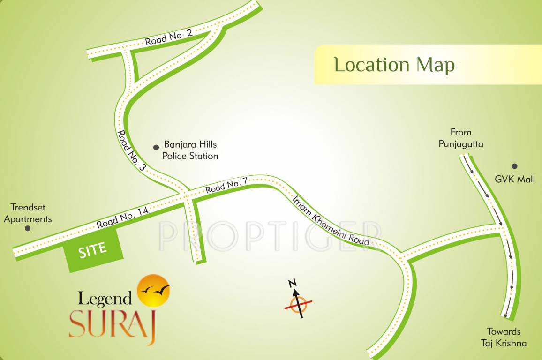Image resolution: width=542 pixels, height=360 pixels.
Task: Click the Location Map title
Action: [394, 65]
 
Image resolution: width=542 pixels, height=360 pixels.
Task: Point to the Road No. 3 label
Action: [132, 150]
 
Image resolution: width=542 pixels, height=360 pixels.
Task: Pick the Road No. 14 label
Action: [122, 217]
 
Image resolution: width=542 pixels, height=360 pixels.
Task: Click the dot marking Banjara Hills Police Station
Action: [156, 147]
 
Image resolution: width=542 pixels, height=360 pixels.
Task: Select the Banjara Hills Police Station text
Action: [190, 150]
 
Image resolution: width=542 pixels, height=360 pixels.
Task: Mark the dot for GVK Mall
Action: [514, 166]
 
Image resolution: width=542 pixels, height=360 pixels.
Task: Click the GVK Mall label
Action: [515, 179]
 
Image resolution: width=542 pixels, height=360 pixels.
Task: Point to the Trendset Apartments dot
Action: [28, 228]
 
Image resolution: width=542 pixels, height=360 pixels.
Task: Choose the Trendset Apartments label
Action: [31, 213]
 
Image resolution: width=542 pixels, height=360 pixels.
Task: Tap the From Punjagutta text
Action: [460, 138]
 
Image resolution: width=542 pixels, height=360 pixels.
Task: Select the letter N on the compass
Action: [292, 283]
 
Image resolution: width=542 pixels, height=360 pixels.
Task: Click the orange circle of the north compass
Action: [298, 305]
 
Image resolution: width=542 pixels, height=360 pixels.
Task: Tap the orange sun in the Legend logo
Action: [153, 291]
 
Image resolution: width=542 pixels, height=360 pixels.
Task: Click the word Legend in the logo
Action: [105, 298]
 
